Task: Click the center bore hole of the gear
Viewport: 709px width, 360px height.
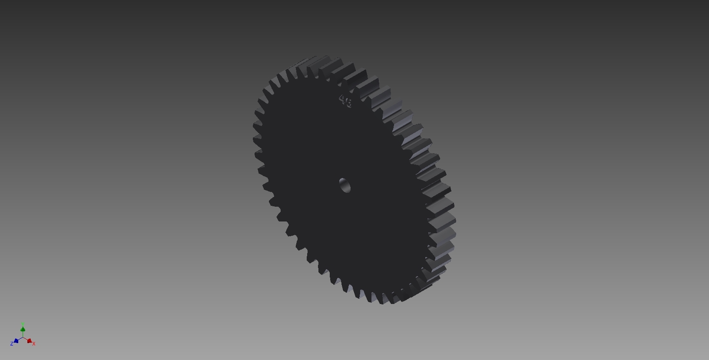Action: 345,185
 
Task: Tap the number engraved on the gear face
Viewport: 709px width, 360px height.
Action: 345,102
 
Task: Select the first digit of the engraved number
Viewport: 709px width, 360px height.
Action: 342,100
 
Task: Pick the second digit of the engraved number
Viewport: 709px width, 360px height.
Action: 348,103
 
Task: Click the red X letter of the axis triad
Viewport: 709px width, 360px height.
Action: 34,344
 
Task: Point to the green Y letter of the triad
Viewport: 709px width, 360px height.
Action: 23,324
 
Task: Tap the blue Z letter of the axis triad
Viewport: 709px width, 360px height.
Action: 12,344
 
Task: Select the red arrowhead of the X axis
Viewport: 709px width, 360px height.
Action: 29,341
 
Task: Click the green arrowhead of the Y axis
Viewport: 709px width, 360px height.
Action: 23,329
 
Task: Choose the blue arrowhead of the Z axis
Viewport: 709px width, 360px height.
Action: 17,341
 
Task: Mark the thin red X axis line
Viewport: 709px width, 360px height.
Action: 26,339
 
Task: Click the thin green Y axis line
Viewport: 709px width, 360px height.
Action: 23,334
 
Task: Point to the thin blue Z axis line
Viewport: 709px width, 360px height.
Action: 20,339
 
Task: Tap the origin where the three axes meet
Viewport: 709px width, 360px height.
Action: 23,337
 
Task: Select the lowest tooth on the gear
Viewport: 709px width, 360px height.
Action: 382,301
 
